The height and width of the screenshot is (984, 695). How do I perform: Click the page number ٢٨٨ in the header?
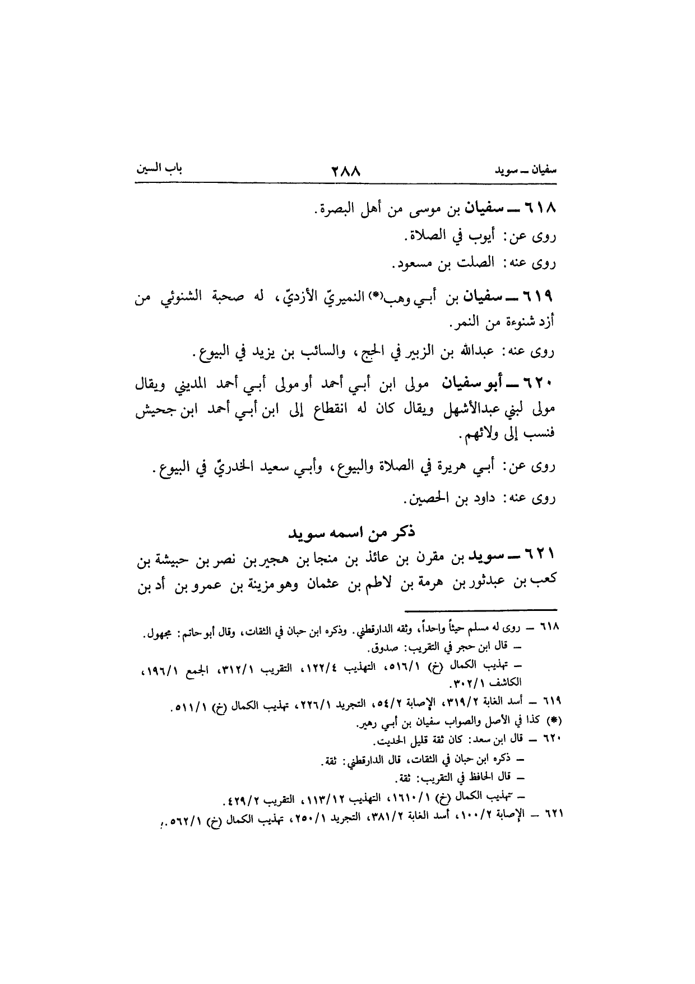tap(347, 169)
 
